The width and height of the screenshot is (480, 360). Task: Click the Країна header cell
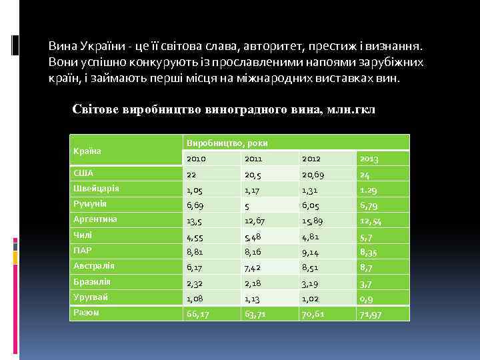pos(87,151)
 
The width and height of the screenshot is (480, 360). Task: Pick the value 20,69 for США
pos(315,175)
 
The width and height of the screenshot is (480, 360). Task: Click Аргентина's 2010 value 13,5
pos(195,221)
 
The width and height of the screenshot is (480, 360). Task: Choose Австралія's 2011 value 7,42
pos(254,267)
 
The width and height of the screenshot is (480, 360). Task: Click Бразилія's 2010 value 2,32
pos(195,283)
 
